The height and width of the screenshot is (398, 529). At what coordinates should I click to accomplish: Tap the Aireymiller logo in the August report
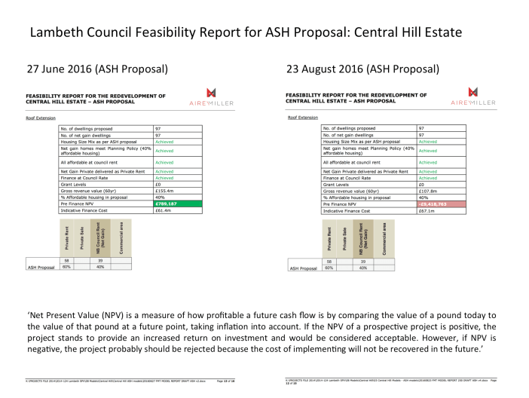(472, 96)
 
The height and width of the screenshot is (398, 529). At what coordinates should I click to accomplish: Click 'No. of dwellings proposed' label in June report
(87, 128)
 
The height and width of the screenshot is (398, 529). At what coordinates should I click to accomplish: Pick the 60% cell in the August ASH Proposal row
(329, 267)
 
